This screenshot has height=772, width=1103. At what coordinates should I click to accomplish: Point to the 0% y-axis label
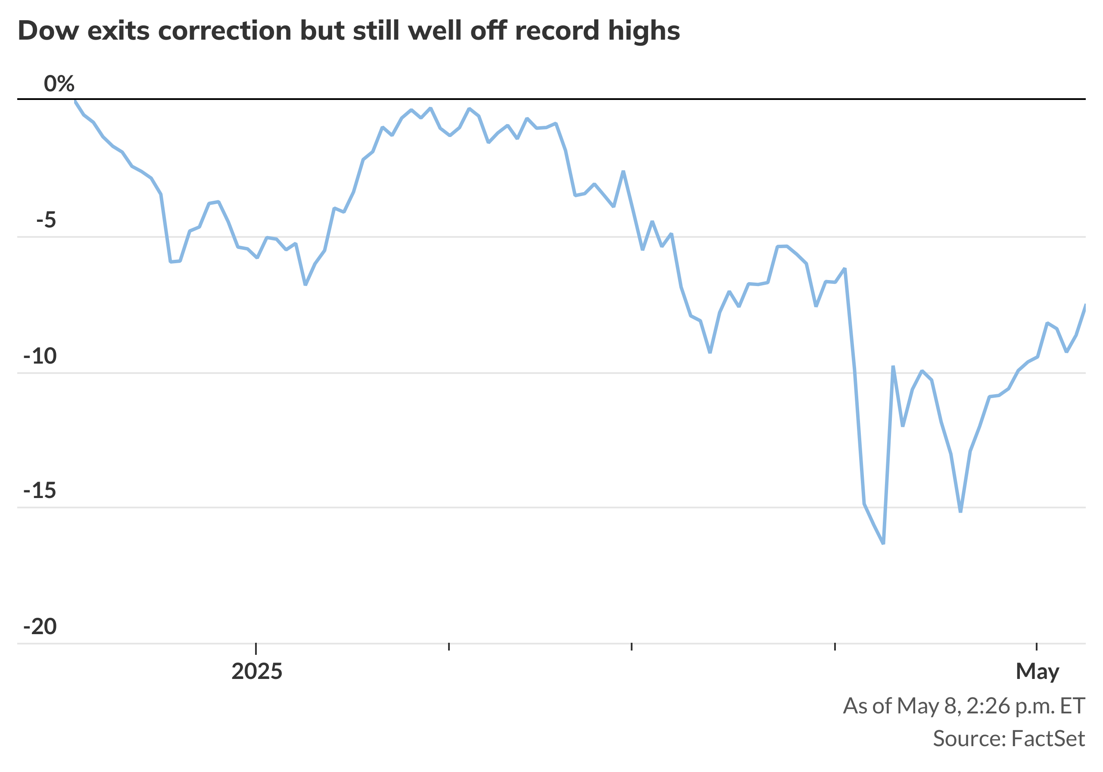[x=59, y=84]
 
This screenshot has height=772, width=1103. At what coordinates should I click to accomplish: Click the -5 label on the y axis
[x=46, y=221]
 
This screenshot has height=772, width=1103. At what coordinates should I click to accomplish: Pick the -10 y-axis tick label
[x=40, y=356]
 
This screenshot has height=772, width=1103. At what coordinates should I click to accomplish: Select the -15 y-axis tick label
[x=40, y=491]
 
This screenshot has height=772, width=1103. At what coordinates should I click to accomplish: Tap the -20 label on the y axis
[x=40, y=627]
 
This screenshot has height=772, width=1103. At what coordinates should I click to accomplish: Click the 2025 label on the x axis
[x=256, y=672]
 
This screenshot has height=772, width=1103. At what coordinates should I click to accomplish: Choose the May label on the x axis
[x=1037, y=672]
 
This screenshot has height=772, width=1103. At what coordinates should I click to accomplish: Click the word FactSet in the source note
[x=1048, y=738]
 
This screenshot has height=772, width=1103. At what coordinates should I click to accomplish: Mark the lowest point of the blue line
[x=883, y=543]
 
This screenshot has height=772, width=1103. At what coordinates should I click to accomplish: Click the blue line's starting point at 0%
[x=75, y=101]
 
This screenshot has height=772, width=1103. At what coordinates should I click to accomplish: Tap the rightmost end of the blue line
[x=1085, y=305]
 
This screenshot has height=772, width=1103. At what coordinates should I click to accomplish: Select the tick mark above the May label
[x=1037, y=647]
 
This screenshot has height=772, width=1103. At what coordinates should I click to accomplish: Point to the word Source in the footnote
[x=969, y=738]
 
